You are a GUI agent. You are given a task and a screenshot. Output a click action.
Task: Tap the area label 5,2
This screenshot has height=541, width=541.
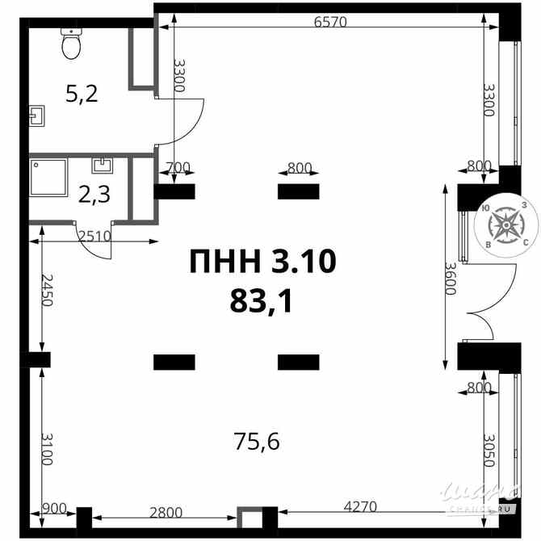click(x=82, y=94)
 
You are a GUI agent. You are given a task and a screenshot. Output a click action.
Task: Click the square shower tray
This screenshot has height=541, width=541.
click(x=48, y=178)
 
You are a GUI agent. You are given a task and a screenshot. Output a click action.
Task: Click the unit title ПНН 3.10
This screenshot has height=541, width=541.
click(x=262, y=262)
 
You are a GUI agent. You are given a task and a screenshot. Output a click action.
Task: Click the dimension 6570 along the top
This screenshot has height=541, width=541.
click(x=329, y=22)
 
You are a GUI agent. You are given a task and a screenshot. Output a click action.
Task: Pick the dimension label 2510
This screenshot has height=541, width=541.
click(x=95, y=236)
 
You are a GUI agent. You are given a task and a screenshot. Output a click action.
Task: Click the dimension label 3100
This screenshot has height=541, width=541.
click(x=46, y=448)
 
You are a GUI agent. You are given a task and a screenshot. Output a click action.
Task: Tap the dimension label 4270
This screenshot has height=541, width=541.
click(x=360, y=507)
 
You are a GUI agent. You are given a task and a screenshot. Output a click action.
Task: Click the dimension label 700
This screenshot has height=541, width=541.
click(x=178, y=168)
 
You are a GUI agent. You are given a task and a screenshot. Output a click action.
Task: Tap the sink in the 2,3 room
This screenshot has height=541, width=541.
click(x=103, y=166)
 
